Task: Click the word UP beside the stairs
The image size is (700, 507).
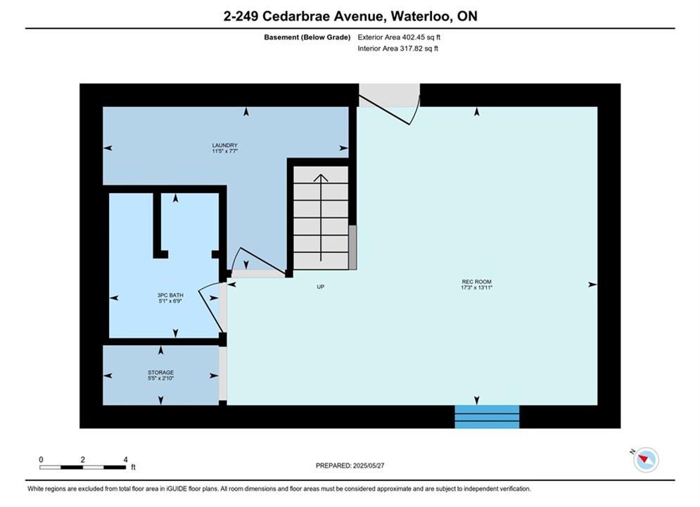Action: (321, 287)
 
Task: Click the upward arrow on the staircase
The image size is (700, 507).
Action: (321, 218)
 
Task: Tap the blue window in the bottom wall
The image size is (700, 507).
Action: (487, 417)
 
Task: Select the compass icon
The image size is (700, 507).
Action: (646, 460)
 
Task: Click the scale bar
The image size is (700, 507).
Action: (82, 468)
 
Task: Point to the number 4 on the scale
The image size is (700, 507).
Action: (125, 459)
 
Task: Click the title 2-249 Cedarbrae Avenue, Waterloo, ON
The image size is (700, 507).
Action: (350, 16)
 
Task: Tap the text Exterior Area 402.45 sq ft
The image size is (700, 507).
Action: (399, 37)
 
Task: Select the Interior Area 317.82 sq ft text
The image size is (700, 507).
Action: (397, 49)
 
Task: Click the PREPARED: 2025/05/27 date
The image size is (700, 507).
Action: (350, 465)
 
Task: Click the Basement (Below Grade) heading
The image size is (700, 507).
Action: (307, 37)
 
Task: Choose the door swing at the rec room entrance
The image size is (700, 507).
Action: (393, 109)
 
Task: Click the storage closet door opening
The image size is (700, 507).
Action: (223, 373)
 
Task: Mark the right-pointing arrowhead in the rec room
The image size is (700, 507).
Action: (592, 284)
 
